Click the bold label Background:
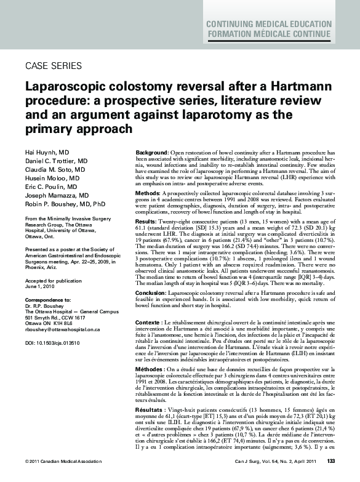coord(151,152)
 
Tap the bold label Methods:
coord(148,193)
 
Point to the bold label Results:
coord(146,220)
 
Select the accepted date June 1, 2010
coord(41,286)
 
